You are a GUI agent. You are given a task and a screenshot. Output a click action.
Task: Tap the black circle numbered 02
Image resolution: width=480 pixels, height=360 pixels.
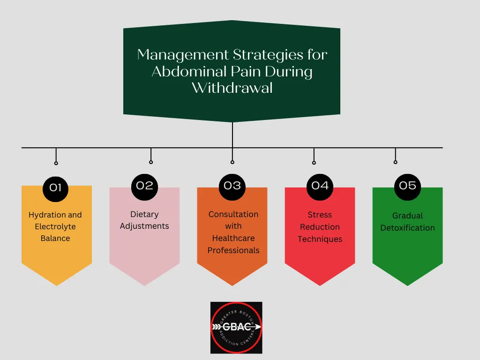point(144,186)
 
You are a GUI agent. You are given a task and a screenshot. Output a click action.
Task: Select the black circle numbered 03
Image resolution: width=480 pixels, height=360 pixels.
point(232,186)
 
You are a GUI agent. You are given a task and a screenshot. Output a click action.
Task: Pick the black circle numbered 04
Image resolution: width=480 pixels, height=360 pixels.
point(320,186)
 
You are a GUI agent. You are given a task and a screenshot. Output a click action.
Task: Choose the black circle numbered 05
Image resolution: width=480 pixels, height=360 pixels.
point(407,186)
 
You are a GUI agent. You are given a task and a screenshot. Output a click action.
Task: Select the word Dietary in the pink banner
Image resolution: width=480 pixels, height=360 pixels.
point(144,214)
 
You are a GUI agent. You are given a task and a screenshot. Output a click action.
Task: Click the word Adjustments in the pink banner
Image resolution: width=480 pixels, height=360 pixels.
point(144,226)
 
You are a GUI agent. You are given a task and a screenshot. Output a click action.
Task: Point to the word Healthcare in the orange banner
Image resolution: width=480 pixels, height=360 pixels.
point(233,238)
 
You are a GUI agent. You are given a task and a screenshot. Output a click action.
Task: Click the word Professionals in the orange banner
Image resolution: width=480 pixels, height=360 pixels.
point(233,250)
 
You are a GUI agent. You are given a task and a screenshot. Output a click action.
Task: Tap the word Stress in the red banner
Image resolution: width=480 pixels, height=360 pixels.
point(320,215)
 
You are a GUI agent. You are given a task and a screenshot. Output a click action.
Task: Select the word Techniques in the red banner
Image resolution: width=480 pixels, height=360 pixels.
point(320,239)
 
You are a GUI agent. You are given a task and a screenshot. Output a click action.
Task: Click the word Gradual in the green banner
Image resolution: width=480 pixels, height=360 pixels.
point(407,216)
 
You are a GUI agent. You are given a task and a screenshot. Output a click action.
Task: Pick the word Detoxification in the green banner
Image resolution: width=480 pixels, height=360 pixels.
point(407,228)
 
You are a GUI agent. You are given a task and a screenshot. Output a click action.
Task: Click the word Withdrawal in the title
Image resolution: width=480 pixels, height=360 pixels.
point(232,88)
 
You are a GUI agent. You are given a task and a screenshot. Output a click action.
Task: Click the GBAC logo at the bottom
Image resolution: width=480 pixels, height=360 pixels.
point(236,327)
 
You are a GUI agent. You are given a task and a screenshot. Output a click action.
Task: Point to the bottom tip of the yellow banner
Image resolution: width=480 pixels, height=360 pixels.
point(56,285)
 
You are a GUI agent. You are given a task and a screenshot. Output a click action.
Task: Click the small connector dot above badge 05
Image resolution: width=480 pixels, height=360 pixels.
point(395,162)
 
